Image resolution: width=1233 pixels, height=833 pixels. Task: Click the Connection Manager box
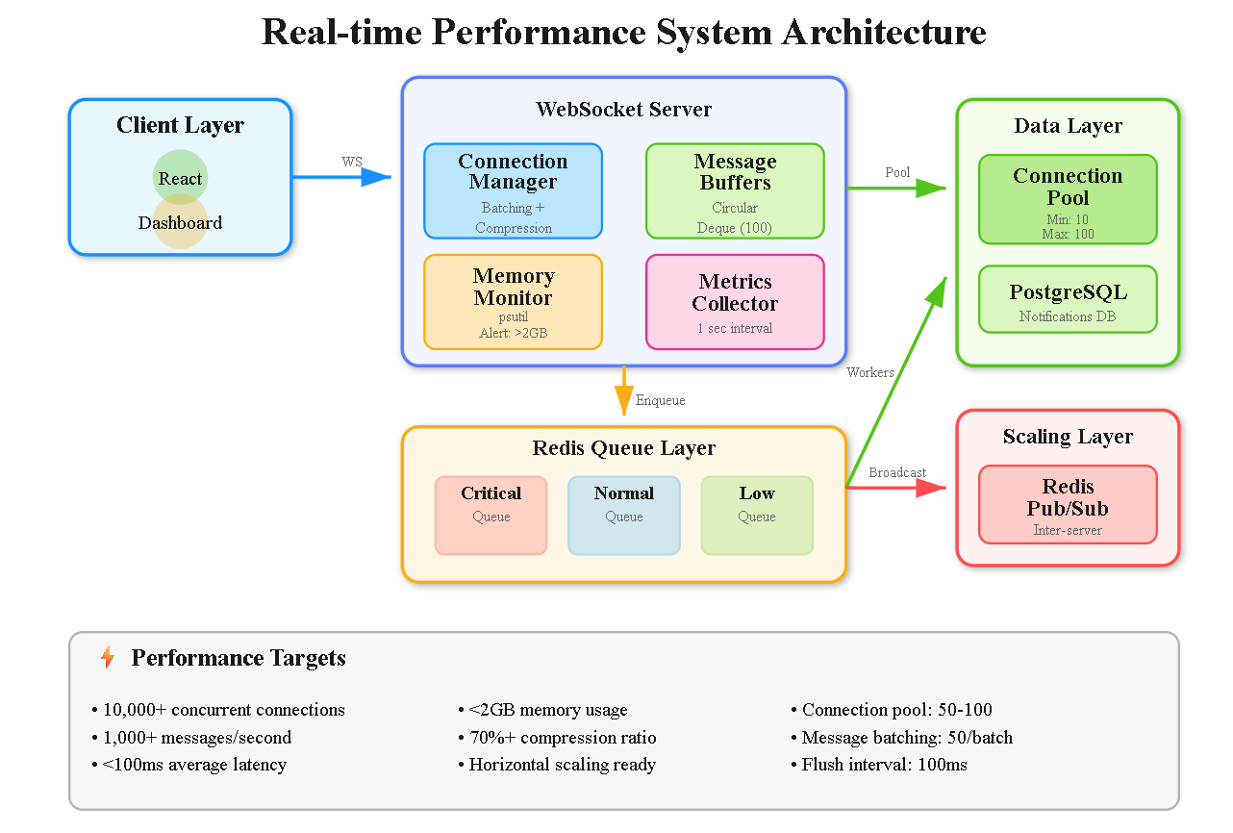coord(513,190)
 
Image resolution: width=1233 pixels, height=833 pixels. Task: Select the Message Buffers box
coord(735,190)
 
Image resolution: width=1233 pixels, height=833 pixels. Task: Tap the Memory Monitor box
coord(513,302)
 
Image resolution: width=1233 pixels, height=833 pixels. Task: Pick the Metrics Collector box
coord(735,302)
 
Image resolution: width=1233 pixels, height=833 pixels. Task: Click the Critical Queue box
coord(491,516)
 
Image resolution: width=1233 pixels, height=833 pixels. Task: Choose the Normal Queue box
coord(623,516)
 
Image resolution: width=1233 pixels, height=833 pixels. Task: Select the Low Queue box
coord(757,516)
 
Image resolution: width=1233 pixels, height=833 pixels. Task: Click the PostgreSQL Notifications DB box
coord(1068,300)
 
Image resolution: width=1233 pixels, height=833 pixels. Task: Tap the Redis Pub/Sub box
coord(1068,505)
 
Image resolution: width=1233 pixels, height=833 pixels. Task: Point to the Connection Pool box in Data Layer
coord(1068,199)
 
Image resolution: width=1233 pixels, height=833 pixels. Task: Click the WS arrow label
coord(352,162)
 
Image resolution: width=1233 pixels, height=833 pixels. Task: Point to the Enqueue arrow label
coord(660,400)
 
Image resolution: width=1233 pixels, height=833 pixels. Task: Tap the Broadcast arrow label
coord(897,472)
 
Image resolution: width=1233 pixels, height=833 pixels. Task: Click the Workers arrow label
coord(869,372)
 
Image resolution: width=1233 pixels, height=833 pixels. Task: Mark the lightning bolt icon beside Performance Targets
coord(108,658)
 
